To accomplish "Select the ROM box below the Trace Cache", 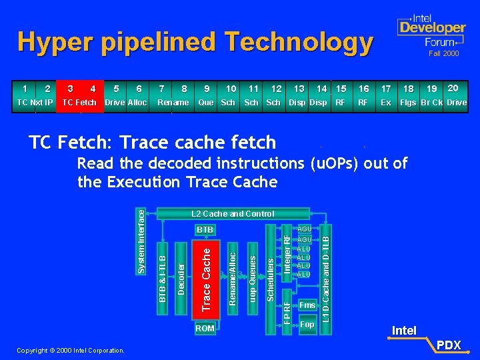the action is coord(205,329).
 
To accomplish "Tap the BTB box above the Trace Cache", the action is coord(205,230).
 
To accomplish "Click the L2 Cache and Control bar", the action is coord(232,214).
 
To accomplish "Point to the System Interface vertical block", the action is coord(141,239).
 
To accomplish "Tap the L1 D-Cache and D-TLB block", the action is coord(326,273).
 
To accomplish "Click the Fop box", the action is coord(307,325).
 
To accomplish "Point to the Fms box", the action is coord(307,305).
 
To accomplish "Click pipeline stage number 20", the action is coord(453,88).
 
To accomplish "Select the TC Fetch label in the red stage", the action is coord(79,103).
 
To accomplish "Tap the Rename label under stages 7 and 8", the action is coord(173,103).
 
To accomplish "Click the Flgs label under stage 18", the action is coord(408,103).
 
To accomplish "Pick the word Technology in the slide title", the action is coord(299,43).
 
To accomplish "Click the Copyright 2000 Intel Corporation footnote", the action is coord(70,350).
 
